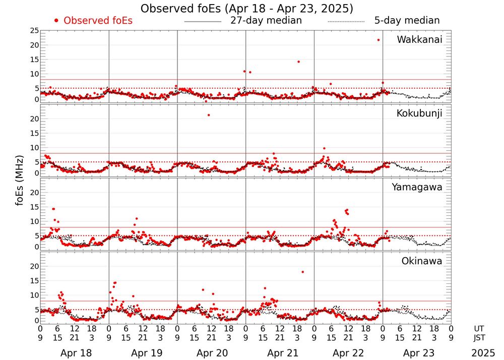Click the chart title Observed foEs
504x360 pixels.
pos(246,9)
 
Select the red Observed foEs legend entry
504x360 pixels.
pos(93,21)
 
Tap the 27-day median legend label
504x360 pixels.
pos(266,21)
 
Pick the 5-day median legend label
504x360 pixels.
pos(407,21)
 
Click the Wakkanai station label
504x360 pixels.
pos(419,40)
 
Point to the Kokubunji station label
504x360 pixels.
pos(418,113)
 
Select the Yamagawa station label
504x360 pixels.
pos(417,187)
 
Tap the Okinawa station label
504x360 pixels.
pos(421,261)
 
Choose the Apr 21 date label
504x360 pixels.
pos(280,353)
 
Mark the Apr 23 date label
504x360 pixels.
pos(417,353)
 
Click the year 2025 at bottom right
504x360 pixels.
pos(483,353)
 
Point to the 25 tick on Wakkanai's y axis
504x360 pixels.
pos(34,31)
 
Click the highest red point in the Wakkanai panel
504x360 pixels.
pos(378,40)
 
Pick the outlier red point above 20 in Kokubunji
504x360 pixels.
pos(209,115)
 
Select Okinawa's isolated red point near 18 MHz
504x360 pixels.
pos(302,272)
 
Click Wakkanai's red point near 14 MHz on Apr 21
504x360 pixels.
pos(298,62)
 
